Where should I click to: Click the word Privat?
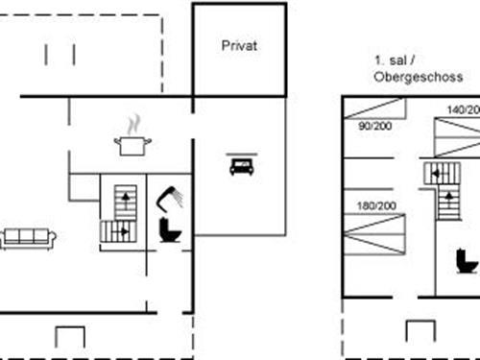click(240, 45)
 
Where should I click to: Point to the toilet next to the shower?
click(172, 229)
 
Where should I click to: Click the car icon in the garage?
click(240, 166)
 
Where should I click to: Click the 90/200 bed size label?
click(373, 127)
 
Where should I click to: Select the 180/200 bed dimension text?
click(375, 206)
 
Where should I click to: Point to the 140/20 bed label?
click(463, 110)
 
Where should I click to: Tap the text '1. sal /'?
click(394, 60)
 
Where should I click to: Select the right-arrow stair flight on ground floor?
click(115, 231)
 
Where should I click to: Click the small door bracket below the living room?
click(70, 337)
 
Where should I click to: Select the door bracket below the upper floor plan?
click(420, 331)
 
